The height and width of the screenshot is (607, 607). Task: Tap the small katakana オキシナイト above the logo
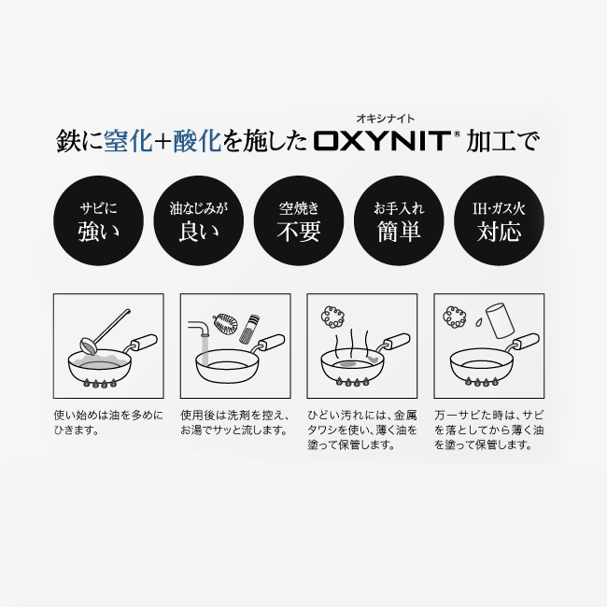coord(385,119)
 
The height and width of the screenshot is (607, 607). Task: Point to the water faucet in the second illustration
coord(198,336)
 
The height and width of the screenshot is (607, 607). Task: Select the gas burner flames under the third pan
coord(355,383)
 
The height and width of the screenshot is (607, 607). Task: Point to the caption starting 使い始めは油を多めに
coord(107,422)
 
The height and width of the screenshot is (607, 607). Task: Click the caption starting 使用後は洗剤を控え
coord(235,422)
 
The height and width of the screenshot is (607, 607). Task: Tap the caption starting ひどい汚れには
coord(362,430)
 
